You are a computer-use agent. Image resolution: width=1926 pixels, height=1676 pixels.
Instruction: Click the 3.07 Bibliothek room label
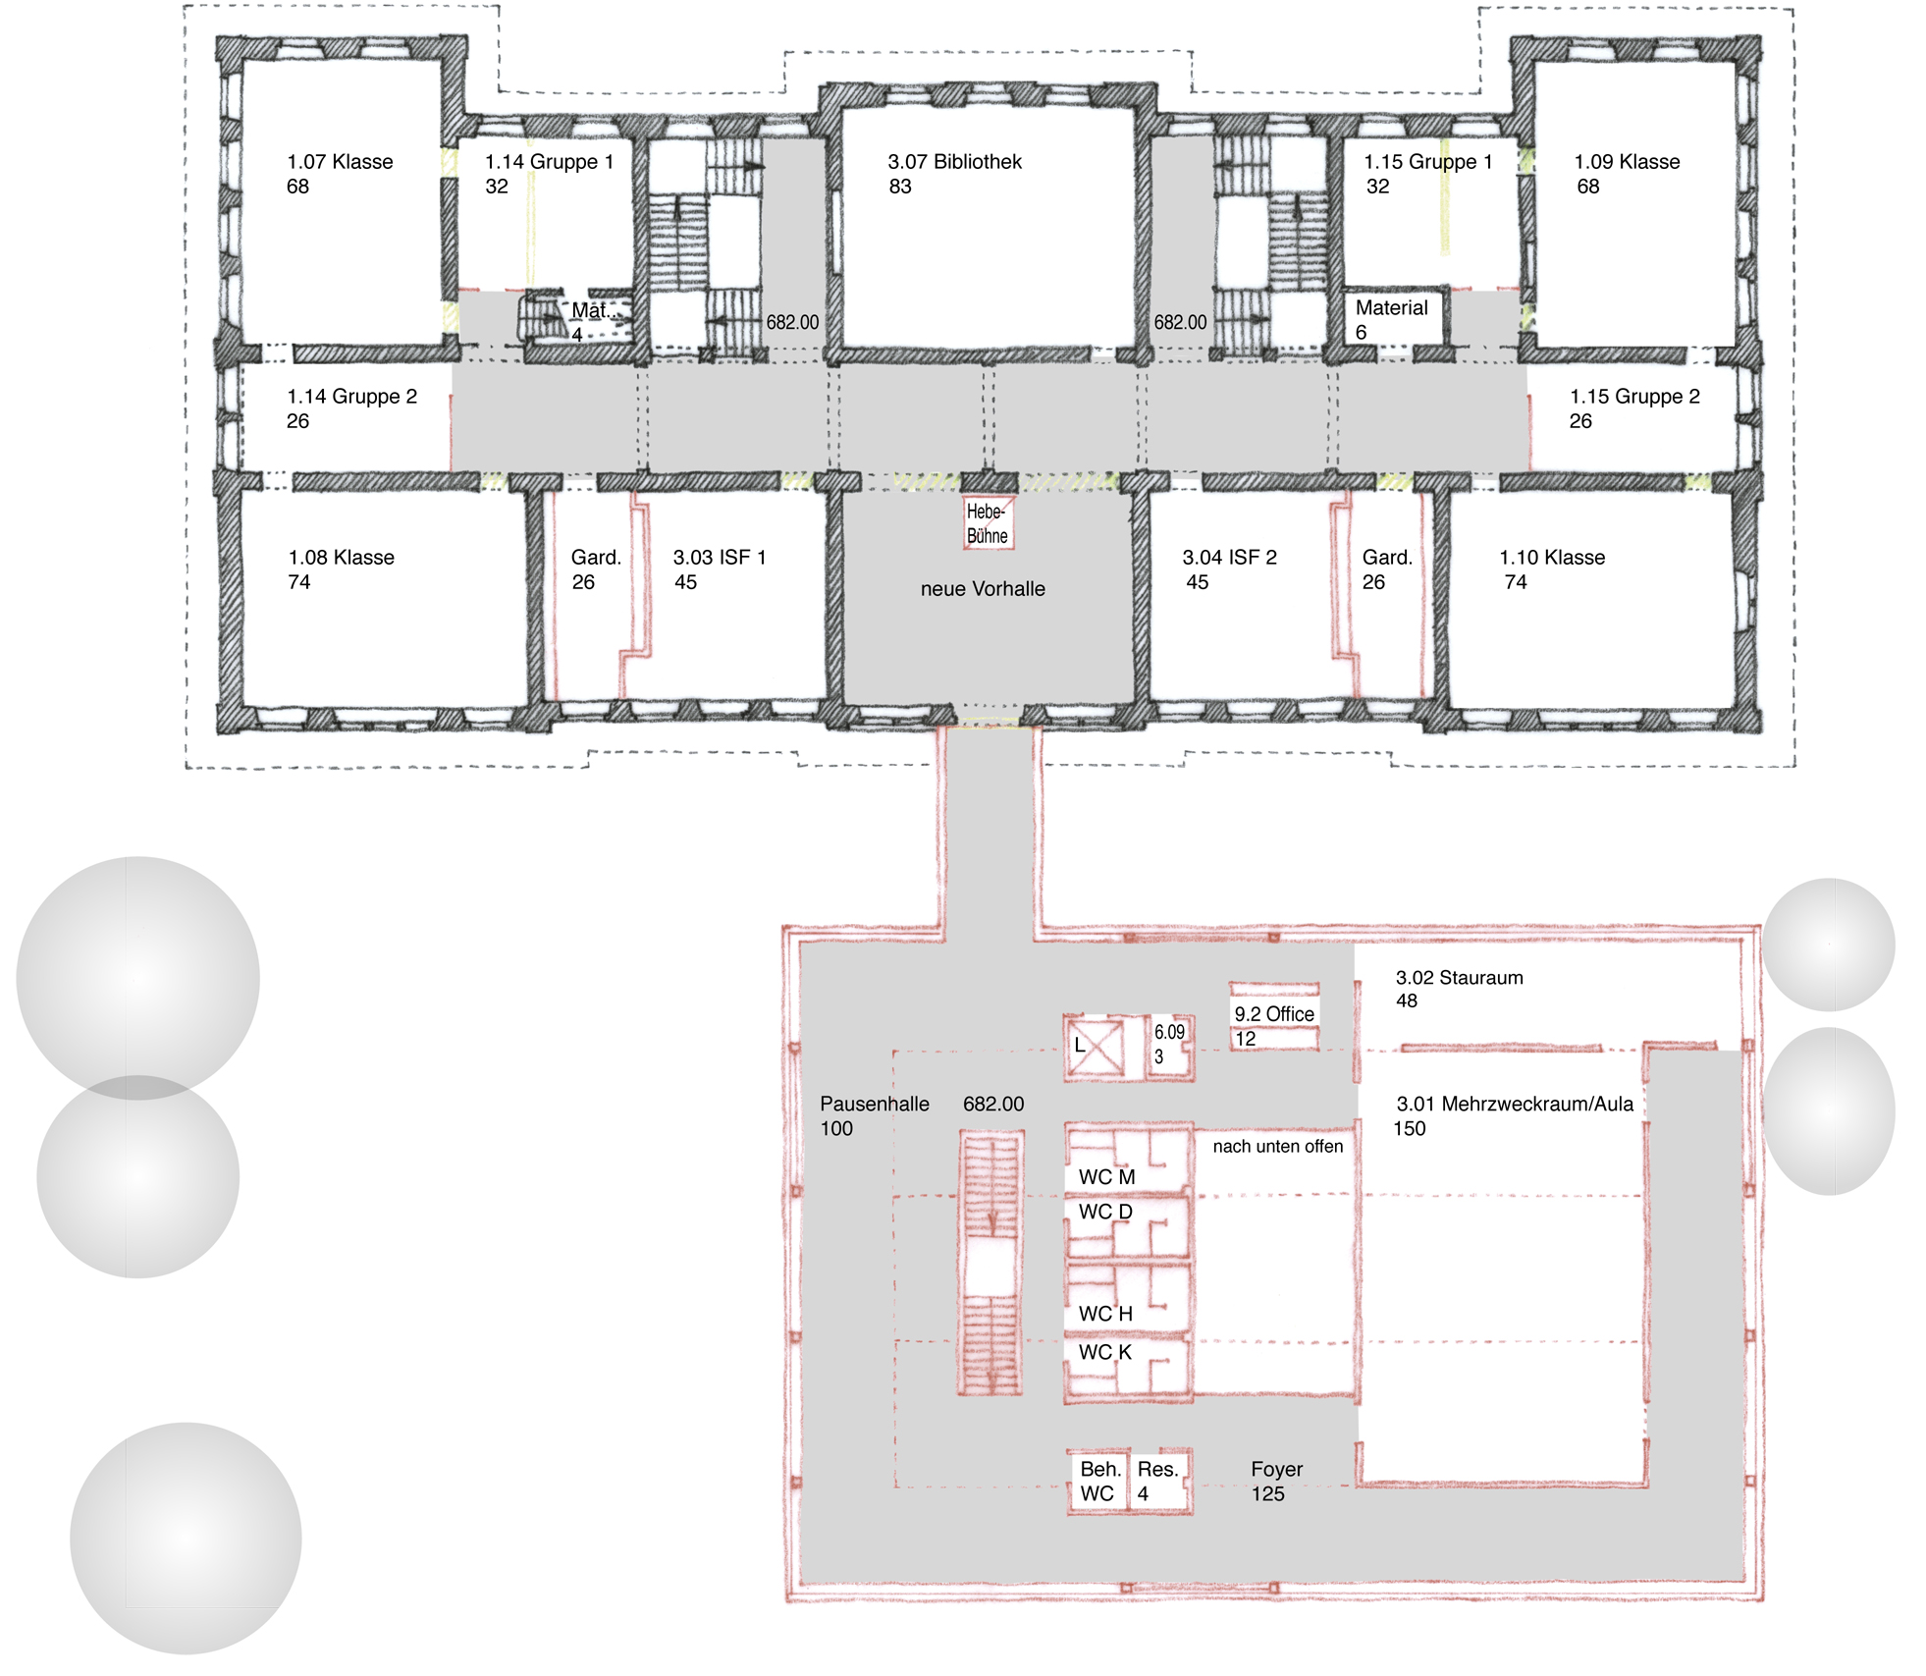[954, 174]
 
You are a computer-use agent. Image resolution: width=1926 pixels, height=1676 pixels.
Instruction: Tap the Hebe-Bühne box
[988, 522]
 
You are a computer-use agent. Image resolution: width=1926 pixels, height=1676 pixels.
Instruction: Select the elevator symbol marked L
[1094, 1047]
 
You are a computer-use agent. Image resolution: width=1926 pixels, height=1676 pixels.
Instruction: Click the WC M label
[1106, 1177]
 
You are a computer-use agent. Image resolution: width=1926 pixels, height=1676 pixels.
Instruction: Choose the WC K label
[1104, 1352]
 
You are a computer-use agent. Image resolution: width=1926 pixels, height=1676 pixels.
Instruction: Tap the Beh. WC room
[1098, 1481]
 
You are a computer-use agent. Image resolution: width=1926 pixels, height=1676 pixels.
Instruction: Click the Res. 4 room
[1160, 1481]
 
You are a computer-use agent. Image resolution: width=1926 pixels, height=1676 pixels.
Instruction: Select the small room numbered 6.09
[1170, 1046]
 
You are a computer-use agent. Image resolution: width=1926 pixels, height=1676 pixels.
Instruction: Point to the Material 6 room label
[1391, 319]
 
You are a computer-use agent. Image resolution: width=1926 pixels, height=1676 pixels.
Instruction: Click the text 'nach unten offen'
[1277, 1146]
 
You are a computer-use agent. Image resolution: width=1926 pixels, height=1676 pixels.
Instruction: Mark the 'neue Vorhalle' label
[983, 589]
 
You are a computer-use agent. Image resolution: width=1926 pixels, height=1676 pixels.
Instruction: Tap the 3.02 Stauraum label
[1459, 989]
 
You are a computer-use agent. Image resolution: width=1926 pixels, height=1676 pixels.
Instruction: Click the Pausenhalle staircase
[990, 1263]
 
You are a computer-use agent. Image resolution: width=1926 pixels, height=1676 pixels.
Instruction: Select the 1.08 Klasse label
[341, 569]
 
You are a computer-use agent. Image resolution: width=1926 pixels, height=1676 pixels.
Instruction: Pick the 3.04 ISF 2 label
[1229, 569]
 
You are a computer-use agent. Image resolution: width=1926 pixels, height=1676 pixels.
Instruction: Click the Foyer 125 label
[1276, 1482]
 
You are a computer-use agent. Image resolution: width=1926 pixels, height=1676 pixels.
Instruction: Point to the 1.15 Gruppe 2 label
[1634, 408]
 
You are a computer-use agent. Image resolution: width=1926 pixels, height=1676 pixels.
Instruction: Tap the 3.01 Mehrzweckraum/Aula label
[1514, 1116]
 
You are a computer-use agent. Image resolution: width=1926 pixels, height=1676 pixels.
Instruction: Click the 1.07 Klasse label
[340, 174]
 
